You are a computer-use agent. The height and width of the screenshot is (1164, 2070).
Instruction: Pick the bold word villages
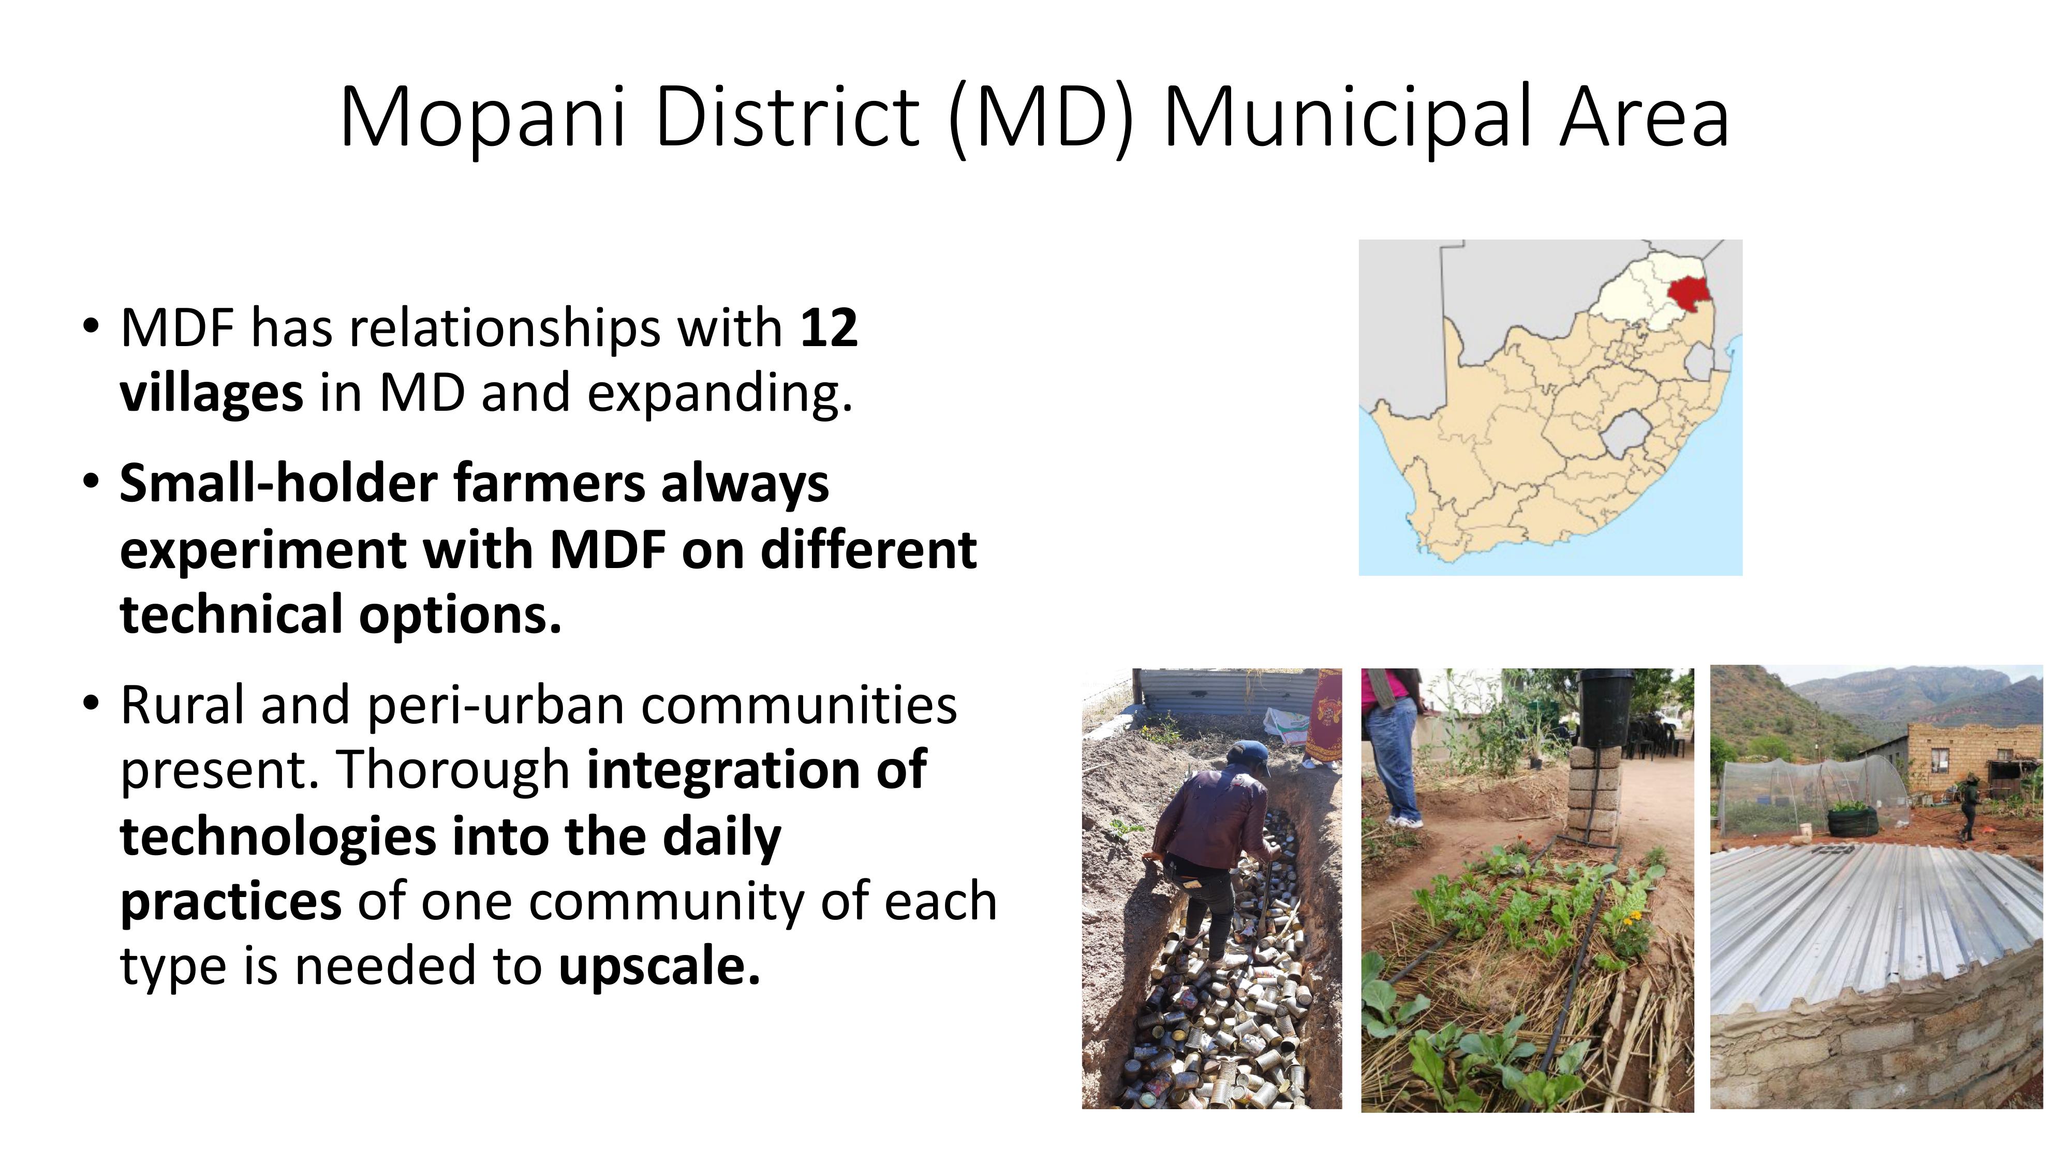(211, 394)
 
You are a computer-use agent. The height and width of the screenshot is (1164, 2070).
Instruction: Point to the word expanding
(719, 394)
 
